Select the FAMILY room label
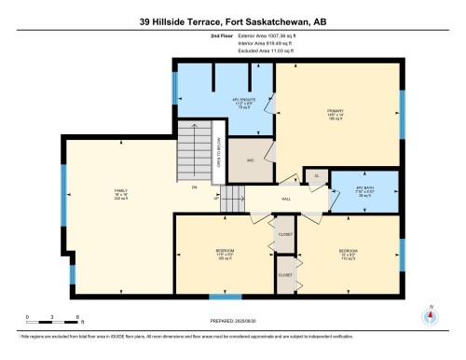tap(120, 194)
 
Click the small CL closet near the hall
tap(317, 174)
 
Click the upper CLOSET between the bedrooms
tap(284, 234)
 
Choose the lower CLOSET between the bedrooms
tap(284, 275)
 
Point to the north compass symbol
tap(429, 316)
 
